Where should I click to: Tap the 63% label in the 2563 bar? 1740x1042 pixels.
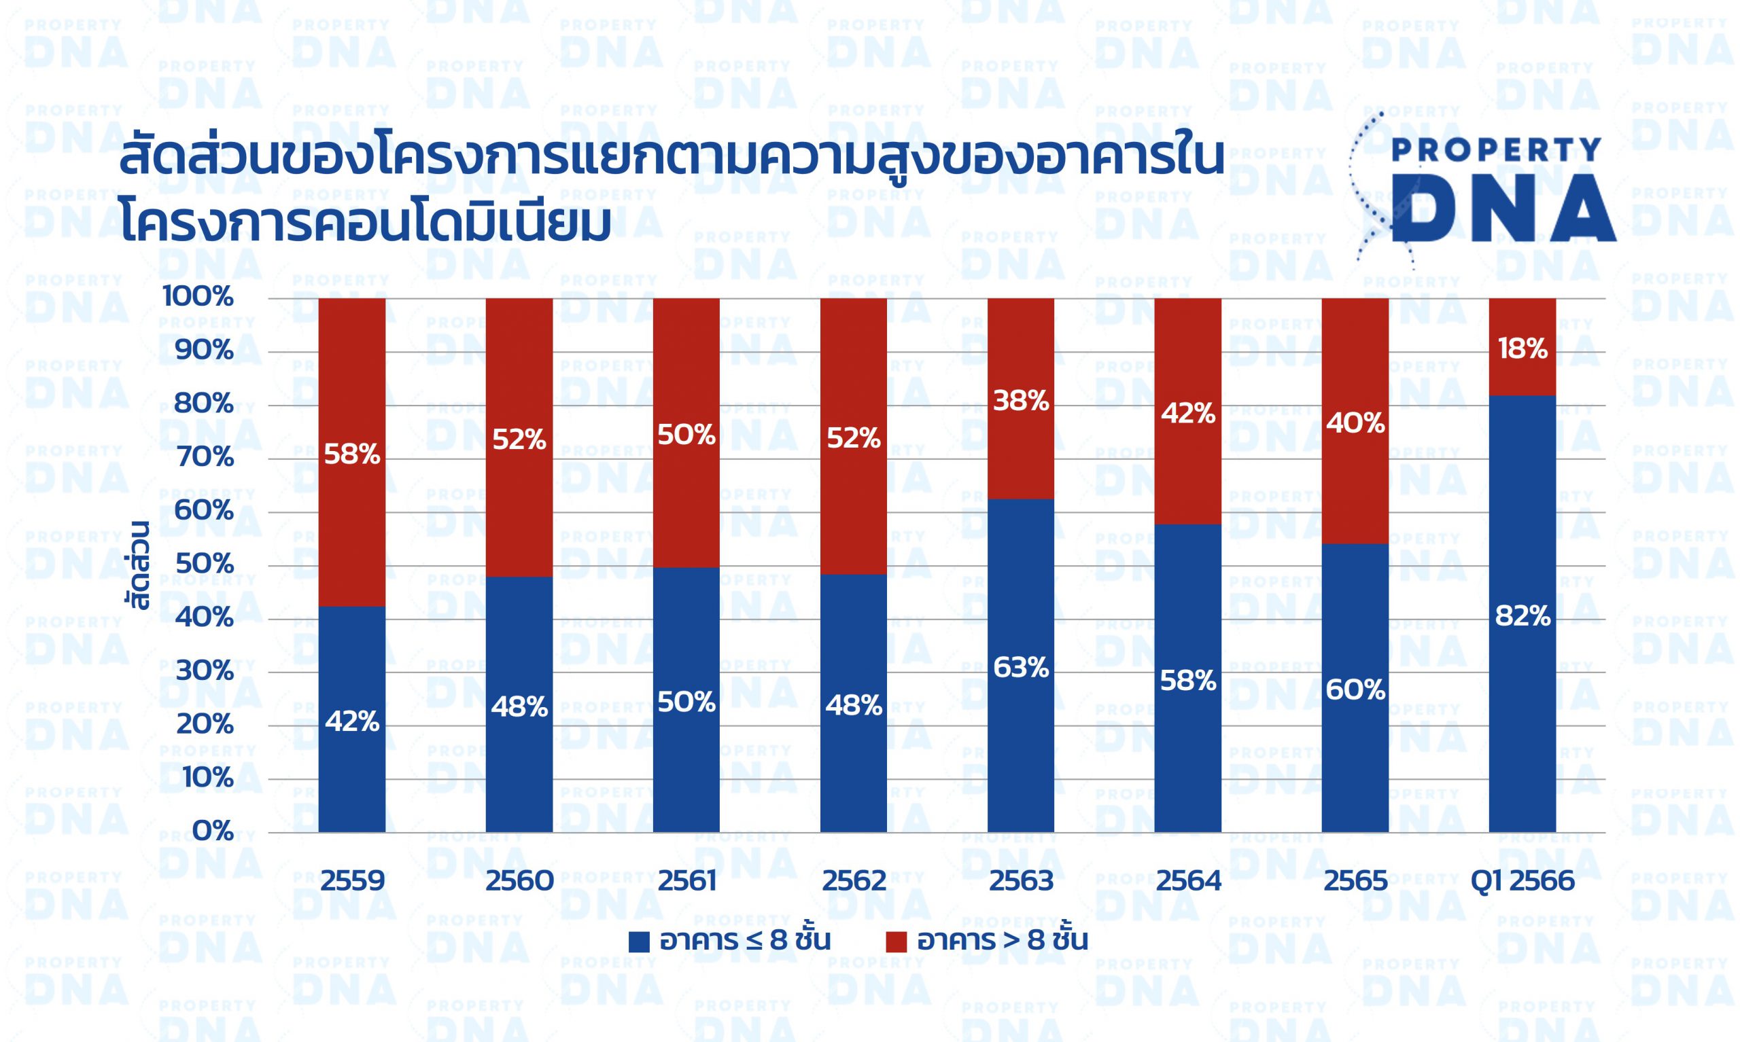pyautogui.click(x=1021, y=668)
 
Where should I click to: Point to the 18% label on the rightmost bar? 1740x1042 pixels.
pyautogui.click(x=1522, y=349)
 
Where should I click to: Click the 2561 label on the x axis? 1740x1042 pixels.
pyautogui.click(x=686, y=881)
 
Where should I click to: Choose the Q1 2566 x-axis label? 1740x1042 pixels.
pyautogui.click(x=1522, y=881)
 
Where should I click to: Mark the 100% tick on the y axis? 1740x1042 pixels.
pyautogui.click(x=197, y=298)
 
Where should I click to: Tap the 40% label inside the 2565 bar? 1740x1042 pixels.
pyautogui.click(x=1355, y=424)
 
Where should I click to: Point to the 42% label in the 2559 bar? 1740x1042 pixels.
pyautogui.click(x=352, y=722)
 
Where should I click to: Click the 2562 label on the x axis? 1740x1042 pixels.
pyautogui.click(x=854, y=881)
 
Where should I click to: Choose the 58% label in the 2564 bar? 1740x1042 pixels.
pyautogui.click(x=1188, y=681)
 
